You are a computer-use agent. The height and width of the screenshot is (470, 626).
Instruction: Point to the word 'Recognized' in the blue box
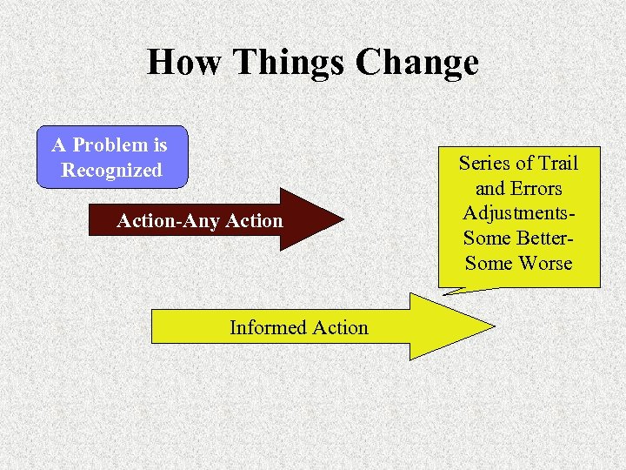point(111,170)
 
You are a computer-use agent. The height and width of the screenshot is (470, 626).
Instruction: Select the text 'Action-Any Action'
point(200,221)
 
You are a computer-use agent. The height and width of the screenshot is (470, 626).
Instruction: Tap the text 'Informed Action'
point(298,328)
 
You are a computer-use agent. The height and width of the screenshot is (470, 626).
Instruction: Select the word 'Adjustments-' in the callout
point(518,213)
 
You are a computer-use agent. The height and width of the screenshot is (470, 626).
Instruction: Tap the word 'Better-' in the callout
point(539,238)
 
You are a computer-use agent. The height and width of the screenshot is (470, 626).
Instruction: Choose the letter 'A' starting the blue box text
point(58,144)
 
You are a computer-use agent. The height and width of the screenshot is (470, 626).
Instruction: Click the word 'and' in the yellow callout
point(489,188)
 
